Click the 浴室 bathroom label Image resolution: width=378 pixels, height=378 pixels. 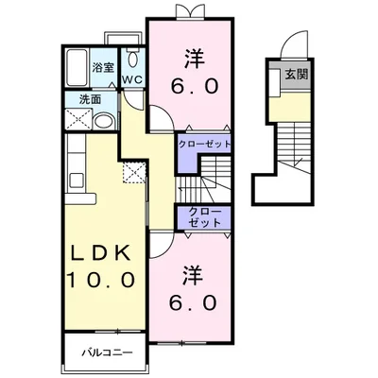[x=103, y=67]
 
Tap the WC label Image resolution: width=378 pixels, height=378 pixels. [x=132, y=79]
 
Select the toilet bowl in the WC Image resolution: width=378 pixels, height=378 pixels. [x=133, y=59]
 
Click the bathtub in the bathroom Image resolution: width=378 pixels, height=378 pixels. [x=77, y=67]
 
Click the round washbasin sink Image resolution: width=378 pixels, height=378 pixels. [x=104, y=121]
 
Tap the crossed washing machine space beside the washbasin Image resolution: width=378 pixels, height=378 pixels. [x=78, y=119]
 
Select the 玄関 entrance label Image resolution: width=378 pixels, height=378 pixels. [x=297, y=75]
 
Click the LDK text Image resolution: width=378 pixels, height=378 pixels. [x=100, y=252]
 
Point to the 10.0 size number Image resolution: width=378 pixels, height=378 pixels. [x=100, y=280]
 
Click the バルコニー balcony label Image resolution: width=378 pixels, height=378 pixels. [x=108, y=352]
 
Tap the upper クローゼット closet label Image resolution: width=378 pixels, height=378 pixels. [x=204, y=145]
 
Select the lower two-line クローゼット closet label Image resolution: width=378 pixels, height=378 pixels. [x=204, y=217]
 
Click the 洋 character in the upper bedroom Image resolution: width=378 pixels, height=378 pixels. [x=196, y=59]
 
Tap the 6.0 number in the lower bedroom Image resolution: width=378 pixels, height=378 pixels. [x=193, y=302]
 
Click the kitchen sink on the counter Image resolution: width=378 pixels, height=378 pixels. [x=76, y=180]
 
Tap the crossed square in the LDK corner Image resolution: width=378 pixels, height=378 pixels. [x=134, y=173]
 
